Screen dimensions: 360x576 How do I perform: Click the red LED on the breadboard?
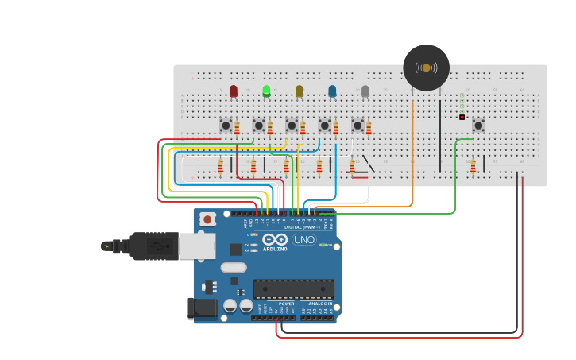pyautogui.click(x=234, y=91)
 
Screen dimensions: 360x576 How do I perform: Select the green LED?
pyautogui.click(x=266, y=91)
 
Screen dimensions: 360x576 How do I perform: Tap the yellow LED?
pyautogui.click(x=300, y=91)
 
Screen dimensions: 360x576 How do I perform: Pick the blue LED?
pyautogui.click(x=332, y=91)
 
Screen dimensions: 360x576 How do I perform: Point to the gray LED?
pyautogui.click(x=365, y=91)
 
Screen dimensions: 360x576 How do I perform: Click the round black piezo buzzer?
pyautogui.click(x=427, y=68)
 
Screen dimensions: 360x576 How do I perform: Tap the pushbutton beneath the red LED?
pyautogui.click(x=226, y=126)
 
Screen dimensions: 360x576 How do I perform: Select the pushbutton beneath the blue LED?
pyautogui.click(x=324, y=126)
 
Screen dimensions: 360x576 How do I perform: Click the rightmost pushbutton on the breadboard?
pyautogui.click(x=478, y=126)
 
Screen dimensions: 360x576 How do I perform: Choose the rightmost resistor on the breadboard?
pyautogui.click(x=473, y=165)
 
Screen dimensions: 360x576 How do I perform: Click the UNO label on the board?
pyautogui.click(x=304, y=239)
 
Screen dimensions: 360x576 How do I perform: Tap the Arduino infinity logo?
pyautogui.click(x=275, y=239)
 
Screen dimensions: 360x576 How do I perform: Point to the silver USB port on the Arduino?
pyautogui.click(x=197, y=246)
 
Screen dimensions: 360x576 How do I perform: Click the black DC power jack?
pyautogui.click(x=202, y=308)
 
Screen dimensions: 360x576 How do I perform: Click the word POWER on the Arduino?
pyautogui.click(x=286, y=304)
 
